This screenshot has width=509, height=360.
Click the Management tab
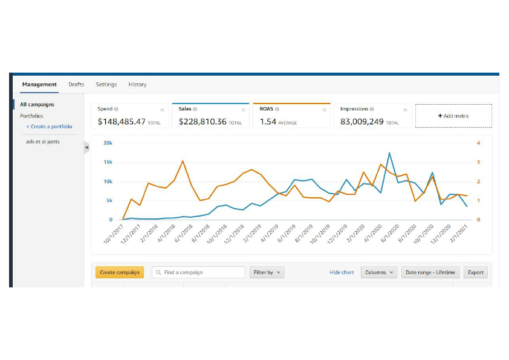tap(39, 85)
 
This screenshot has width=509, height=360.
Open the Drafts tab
tap(76, 85)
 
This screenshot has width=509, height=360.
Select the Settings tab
tap(106, 85)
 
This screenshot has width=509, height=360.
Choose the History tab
tap(137, 85)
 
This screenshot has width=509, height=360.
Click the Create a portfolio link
tap(49, 126)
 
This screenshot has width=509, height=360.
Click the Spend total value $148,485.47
tap(122, 122)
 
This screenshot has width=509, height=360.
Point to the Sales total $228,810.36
tap(203, 122)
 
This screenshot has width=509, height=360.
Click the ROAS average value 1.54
tap(268, 122)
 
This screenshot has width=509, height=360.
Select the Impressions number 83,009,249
tap(362, 122)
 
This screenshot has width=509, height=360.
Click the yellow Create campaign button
tap(120, 272)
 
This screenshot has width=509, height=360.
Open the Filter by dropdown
tap(267, 272)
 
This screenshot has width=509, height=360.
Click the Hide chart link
tap(342, 272)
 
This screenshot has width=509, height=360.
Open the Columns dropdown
tap(379, 272)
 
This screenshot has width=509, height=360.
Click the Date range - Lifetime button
tap(431, 272)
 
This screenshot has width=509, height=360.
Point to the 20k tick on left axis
tap(108, 143)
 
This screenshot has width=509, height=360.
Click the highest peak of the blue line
tap(389, 153)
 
